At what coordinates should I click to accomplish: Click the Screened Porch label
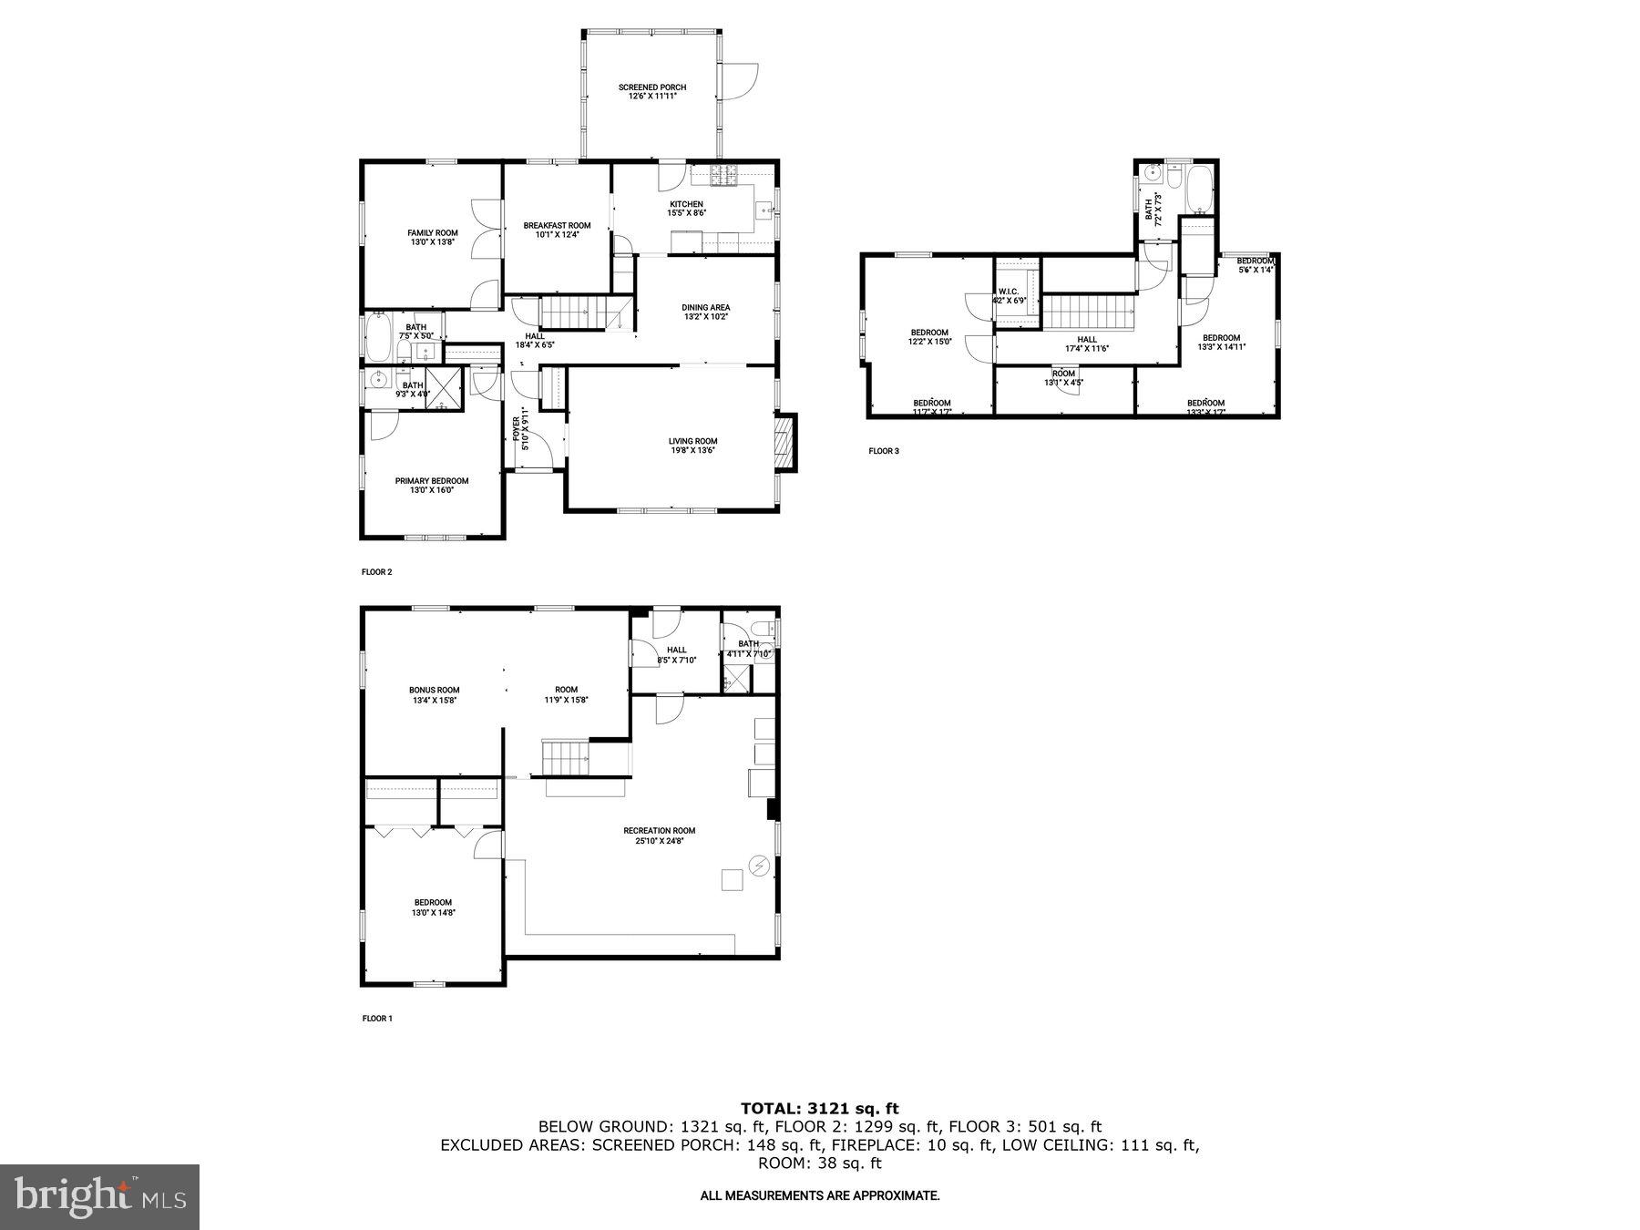tap(651, 87)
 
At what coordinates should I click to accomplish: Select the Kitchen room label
tap(686, 204)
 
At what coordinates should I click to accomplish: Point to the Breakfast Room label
tap(557, 225)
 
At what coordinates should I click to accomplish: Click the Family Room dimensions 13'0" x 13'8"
tap(433, 242)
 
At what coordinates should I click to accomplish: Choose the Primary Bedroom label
tap(432, 481)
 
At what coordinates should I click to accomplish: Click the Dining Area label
tap(706, 307)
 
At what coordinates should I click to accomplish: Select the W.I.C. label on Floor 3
tap(1009, 292)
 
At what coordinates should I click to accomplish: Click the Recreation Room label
tap(659, 830)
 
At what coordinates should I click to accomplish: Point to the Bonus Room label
tap(434, 690)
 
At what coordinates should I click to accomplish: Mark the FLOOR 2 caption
tap(376, 572)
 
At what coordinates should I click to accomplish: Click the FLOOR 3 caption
tap(883, 451)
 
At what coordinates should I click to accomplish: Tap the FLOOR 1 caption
tap(376, 1019)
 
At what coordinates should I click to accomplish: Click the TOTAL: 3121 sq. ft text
tap(819, 1108)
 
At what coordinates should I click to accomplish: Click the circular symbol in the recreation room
tap(758, 865)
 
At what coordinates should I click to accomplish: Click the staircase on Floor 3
tap(1088, 313)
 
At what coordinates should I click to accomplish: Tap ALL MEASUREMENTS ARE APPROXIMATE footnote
tap(819, 1194)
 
